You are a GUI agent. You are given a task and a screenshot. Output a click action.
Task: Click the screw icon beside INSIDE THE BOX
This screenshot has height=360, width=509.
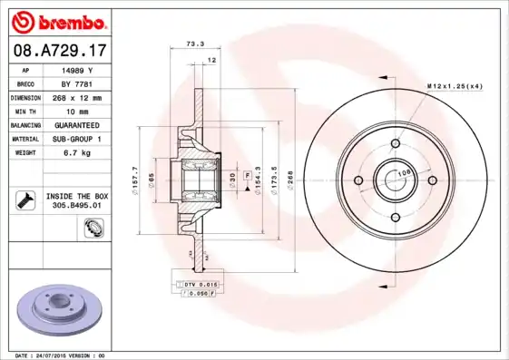coord(27,199)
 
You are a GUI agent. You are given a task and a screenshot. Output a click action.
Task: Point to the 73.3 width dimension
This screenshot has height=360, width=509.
coord(193,43)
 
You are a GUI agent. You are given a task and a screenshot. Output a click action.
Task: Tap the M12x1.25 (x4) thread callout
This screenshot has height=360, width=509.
coord(454,85)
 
